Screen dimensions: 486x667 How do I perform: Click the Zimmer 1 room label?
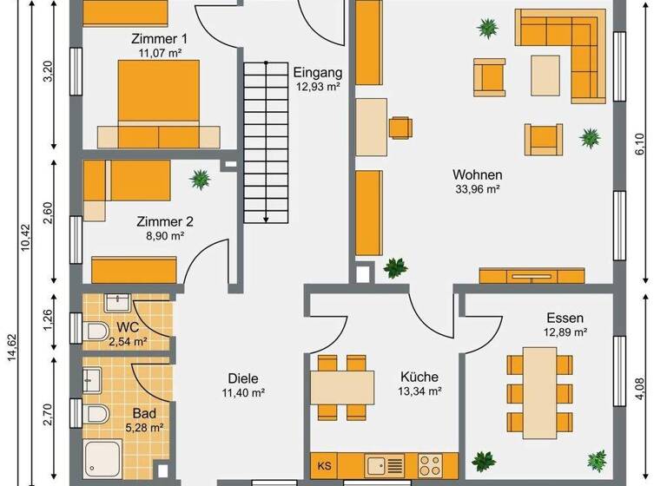[x=159, y=39]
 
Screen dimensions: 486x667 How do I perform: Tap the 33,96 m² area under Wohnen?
[x=477, y=188]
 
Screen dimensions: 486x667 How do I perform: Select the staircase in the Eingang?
[x=264, y=142]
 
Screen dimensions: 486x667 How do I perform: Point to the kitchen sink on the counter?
[x=381, y=464]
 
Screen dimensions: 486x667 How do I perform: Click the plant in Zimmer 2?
[x=201, y=180]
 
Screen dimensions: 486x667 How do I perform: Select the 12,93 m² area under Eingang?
[x=317, y=87]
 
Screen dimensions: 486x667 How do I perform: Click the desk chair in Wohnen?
[x=400, y=127]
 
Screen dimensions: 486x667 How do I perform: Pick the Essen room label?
[x=565, y=318]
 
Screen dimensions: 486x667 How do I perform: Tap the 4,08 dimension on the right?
[x=641, y=384]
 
